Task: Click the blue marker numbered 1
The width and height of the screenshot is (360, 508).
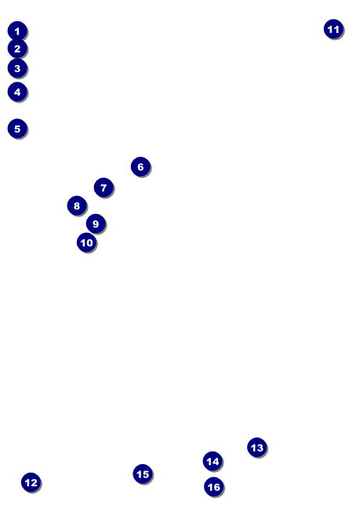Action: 17,31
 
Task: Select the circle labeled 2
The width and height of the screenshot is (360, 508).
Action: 17,49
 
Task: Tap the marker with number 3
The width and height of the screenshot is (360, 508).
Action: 17,68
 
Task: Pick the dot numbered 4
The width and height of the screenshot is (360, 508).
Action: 17,92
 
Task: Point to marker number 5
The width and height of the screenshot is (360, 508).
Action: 17,129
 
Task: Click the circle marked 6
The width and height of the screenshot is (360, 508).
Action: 140,166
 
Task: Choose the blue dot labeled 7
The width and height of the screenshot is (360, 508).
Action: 104,187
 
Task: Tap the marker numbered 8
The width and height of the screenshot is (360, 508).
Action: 77,205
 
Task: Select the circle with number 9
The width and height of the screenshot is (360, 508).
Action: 96,223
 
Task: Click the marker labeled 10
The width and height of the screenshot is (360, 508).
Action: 86,242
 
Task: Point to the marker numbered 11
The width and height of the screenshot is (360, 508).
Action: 333,29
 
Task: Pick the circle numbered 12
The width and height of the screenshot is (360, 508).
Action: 31,482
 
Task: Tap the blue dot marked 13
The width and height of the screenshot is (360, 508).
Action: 257,448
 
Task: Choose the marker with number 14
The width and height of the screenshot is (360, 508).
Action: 213,461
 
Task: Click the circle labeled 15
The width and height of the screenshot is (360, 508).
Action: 143,474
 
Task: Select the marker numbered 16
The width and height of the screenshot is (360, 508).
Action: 214,487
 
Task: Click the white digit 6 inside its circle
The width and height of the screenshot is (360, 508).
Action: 140,167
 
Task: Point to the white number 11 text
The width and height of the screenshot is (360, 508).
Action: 333,30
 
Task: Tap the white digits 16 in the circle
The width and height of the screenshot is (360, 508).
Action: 214,487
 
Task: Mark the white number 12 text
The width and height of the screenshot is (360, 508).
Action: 31,483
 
